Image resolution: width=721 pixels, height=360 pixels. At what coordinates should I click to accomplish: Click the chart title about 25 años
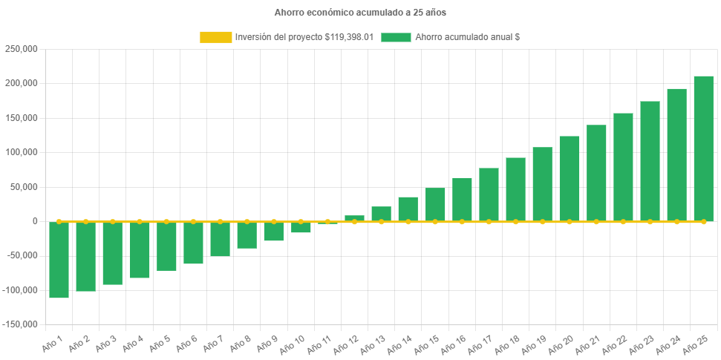(360, 13)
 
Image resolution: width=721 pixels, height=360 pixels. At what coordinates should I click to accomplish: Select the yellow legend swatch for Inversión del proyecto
(215, 37)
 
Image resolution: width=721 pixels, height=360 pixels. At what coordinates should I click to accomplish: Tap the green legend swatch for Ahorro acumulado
(396, 37)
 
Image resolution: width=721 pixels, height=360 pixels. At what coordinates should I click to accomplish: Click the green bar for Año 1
(59, 260)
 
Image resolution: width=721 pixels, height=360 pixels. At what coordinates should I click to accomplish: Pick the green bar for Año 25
(703, 148)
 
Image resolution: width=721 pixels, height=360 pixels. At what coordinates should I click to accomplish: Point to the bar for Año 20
(569, 178)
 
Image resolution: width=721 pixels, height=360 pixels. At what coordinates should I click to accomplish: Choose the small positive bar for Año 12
(354, 218)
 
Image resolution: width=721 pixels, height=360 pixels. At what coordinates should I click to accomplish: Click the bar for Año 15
(435, 204)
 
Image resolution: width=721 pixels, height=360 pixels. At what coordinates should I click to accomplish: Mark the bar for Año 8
(247, 235)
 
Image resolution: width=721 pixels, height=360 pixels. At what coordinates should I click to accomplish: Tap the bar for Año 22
(623, 167)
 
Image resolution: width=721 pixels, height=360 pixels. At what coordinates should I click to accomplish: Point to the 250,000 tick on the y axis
(22, 49)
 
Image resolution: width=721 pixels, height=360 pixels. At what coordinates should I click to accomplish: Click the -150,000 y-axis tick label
(20, 324)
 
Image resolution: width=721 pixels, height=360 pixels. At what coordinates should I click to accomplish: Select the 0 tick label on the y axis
(35, 221)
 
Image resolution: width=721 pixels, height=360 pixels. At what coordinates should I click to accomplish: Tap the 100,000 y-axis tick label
(22, 152)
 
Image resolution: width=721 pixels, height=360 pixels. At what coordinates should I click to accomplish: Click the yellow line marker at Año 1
(59, 221)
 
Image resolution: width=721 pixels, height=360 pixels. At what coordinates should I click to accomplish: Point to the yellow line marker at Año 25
(703, 221)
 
